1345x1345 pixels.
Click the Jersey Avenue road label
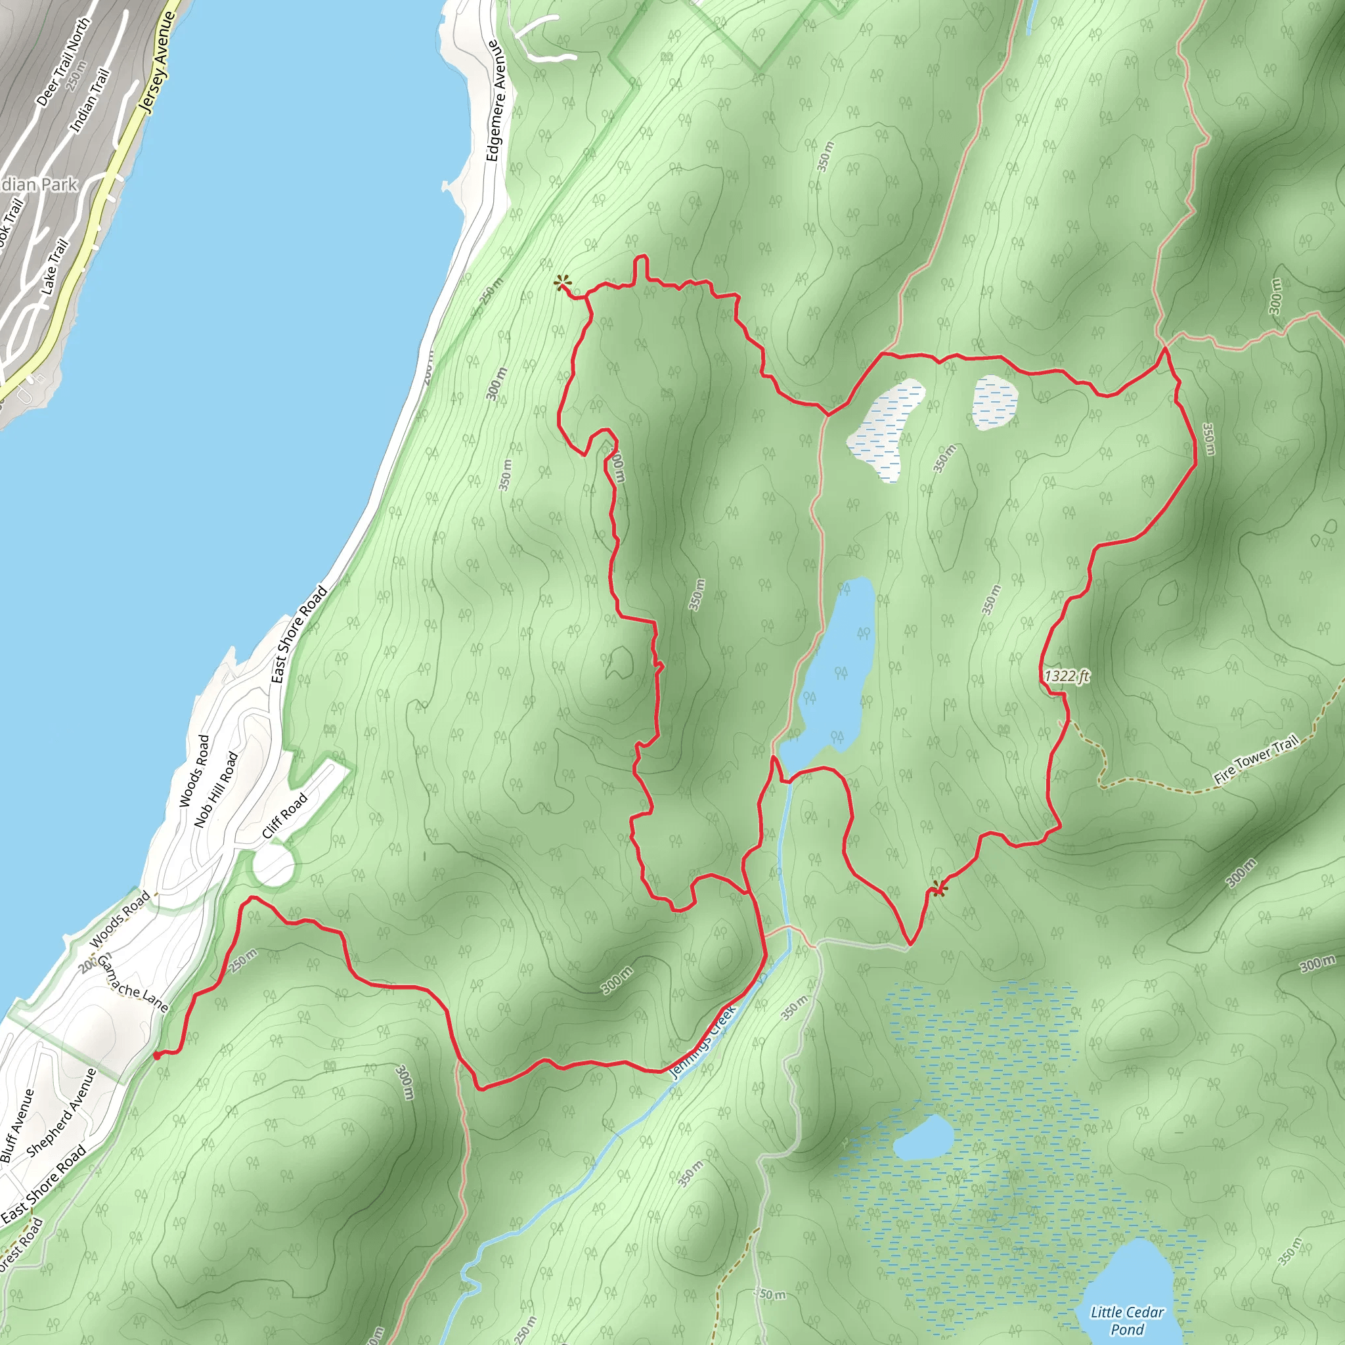[157, 61]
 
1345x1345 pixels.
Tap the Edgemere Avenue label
[494, 101]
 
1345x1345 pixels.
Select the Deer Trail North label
[62, 62]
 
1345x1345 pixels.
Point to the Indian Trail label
[90, 100]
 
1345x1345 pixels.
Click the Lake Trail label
[55, 266]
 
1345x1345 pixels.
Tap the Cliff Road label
[285, 816]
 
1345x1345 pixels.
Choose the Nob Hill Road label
[216, 789]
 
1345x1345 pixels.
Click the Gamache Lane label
[133, 983]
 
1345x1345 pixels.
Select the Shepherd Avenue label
[61, 1112]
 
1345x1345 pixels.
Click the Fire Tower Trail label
[1256, 761]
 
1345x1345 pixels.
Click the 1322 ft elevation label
[1067, 676]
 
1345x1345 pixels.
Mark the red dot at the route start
[157, 1055]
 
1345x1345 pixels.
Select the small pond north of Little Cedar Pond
[923, 1137]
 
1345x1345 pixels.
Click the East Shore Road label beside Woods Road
[299, 634]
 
